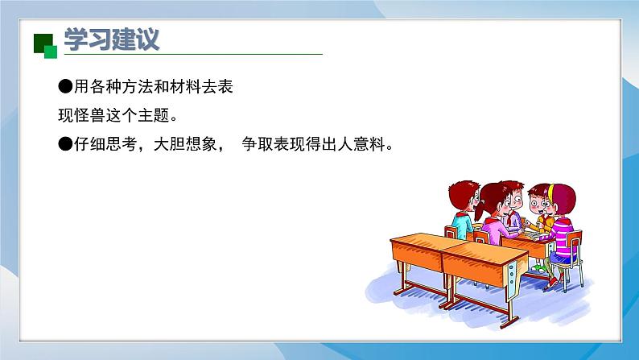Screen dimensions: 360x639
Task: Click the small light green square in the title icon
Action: [51, 52]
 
